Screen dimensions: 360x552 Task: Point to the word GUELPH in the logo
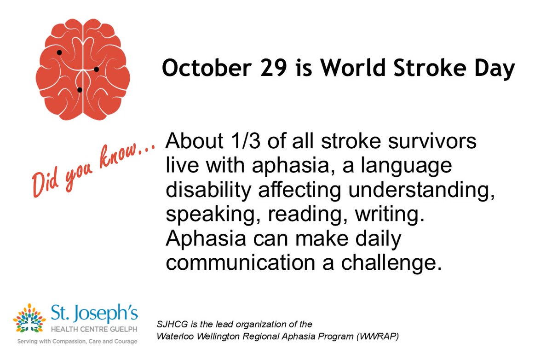pyautogui.click(x=120, y=331)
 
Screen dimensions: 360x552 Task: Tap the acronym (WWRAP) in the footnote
pyautogui.click(x=380, y=336)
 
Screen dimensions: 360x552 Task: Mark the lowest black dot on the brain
pyautogui.click(x=80, y=90)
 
